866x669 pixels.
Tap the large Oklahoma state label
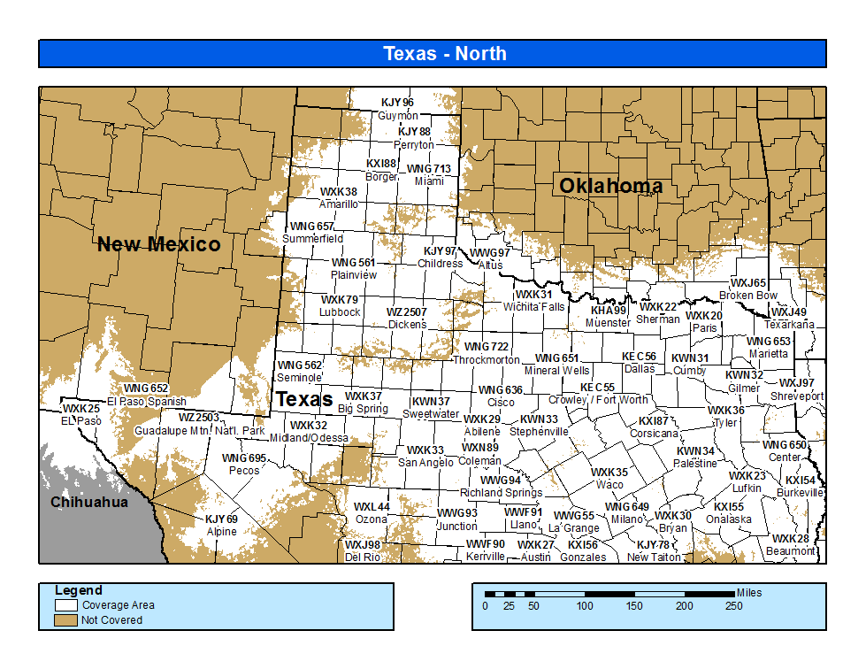point(610,186)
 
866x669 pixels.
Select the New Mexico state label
point(159,244)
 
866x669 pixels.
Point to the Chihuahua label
point(89,503)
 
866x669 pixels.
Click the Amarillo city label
point(339,204)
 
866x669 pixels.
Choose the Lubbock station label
point(340,312)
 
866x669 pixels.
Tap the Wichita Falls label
point(533,307)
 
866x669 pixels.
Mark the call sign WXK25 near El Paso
point(81,409)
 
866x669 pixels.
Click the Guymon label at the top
point(397,116)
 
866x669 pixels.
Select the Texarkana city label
point(789,325)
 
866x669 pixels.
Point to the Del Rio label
point(363,557)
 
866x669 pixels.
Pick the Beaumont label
point(791,551)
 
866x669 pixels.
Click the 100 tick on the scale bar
point(585,606)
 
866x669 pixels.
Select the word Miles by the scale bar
point(748,593)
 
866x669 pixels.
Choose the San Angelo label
point(426,463)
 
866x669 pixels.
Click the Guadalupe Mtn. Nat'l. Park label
point(199,431)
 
